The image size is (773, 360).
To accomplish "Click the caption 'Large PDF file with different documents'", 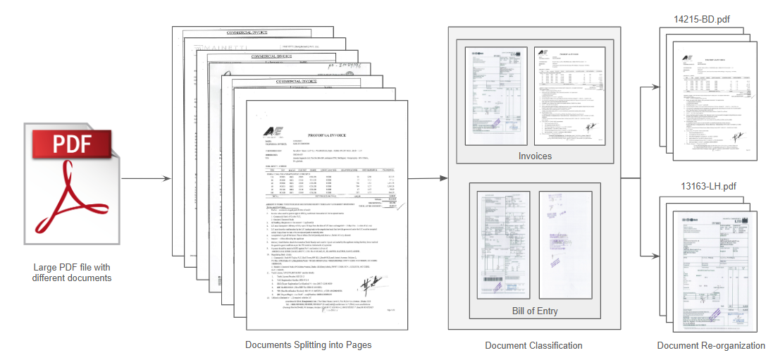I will [x=71, y=273].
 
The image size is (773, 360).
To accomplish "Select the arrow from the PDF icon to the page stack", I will [x=145, y=179].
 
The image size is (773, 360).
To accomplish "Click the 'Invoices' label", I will [x=534, y=156].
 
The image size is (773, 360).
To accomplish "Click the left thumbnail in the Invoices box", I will [x=496, y=92].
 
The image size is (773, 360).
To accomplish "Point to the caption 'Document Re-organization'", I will [x=710, y=345].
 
